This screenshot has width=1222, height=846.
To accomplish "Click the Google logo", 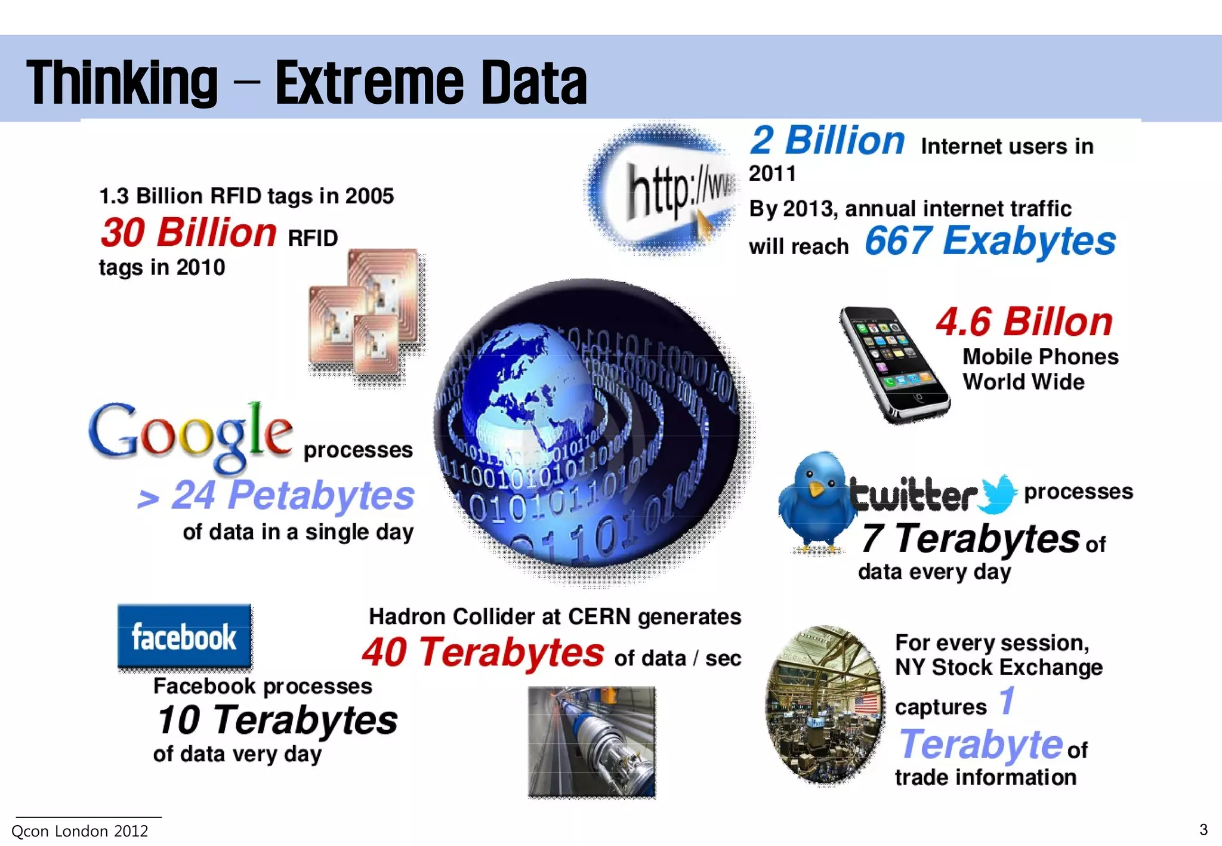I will point(190,434).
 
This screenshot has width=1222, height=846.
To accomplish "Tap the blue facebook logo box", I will point(184,636).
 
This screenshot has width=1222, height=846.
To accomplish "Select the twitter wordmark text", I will point(913,494).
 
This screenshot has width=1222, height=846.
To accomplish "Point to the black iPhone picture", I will point(893,364).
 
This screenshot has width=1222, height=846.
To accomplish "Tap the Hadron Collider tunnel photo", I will point(591,742).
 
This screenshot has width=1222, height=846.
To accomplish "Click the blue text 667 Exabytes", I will point(990,241).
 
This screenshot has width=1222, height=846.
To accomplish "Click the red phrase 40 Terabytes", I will point(483,652).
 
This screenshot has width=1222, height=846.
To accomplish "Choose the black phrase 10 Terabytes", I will point(277,720).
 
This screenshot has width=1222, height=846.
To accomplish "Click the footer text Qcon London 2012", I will point(80,831).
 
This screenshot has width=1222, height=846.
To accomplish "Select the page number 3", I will point(1204,830).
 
